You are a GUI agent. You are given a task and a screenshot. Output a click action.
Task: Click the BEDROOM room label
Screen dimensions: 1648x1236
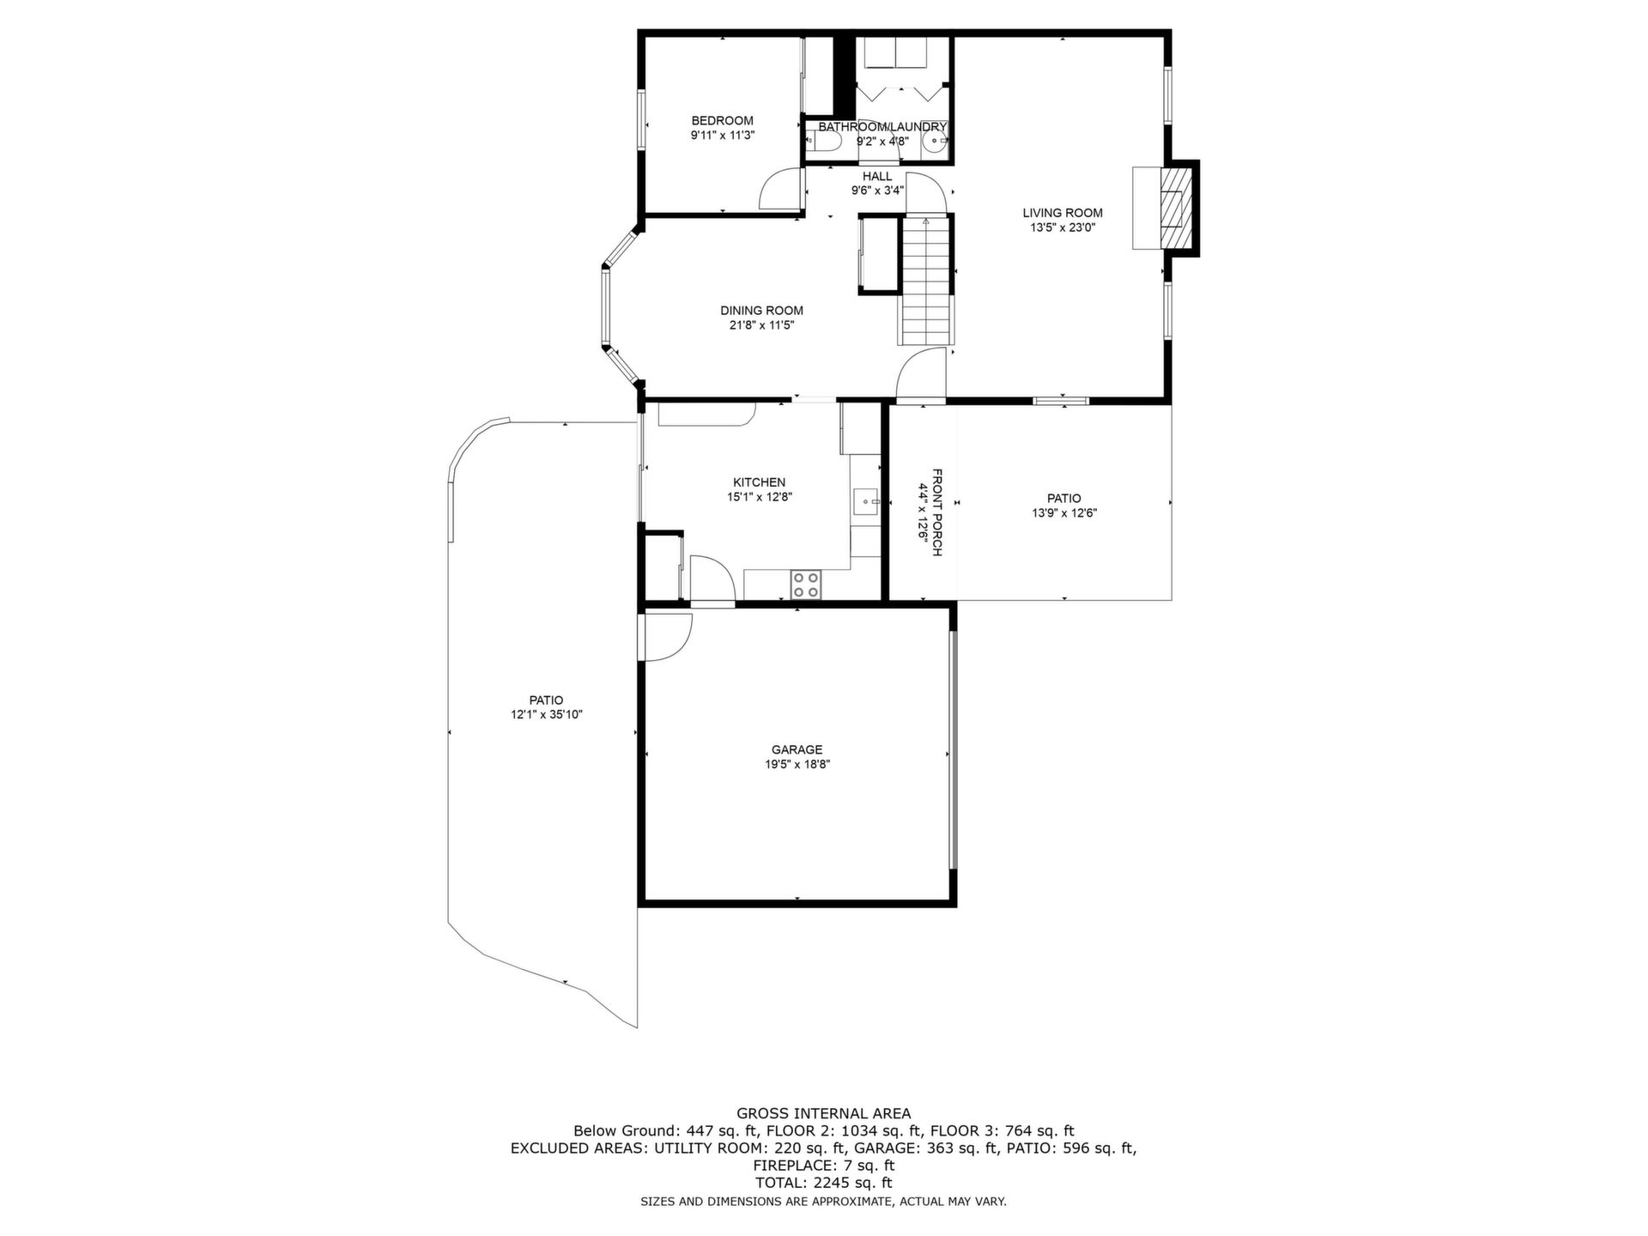point(722,121)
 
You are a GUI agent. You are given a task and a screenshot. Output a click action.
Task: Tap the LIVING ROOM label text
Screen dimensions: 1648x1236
point(1063,213)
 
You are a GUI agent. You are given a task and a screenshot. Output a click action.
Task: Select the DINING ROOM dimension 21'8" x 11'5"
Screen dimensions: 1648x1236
point(762,325)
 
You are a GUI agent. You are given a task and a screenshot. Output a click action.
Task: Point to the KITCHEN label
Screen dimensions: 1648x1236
point(759,482)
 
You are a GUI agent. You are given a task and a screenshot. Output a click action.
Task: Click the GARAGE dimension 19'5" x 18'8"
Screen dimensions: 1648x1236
point(797,765)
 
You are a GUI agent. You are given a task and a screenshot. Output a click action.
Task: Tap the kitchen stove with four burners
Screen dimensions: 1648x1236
point(806,585)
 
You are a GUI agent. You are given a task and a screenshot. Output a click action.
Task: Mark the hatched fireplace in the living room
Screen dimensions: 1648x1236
point(1175,208)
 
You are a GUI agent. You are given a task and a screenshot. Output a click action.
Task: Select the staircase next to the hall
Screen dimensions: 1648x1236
point(926,281)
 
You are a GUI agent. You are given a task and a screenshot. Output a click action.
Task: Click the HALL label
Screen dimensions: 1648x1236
point(877,176)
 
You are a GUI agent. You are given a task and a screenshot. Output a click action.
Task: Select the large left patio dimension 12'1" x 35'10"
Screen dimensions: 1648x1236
point(547,715)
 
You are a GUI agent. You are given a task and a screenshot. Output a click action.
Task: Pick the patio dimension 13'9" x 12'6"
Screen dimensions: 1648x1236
point(1064,513)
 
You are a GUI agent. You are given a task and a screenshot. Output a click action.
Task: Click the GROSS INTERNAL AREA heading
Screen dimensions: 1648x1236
point(824,1114)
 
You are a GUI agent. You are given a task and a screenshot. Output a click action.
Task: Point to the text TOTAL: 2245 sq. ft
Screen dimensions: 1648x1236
point(824,1183)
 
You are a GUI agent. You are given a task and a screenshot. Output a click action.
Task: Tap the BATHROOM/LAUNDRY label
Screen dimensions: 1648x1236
point(882,127)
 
